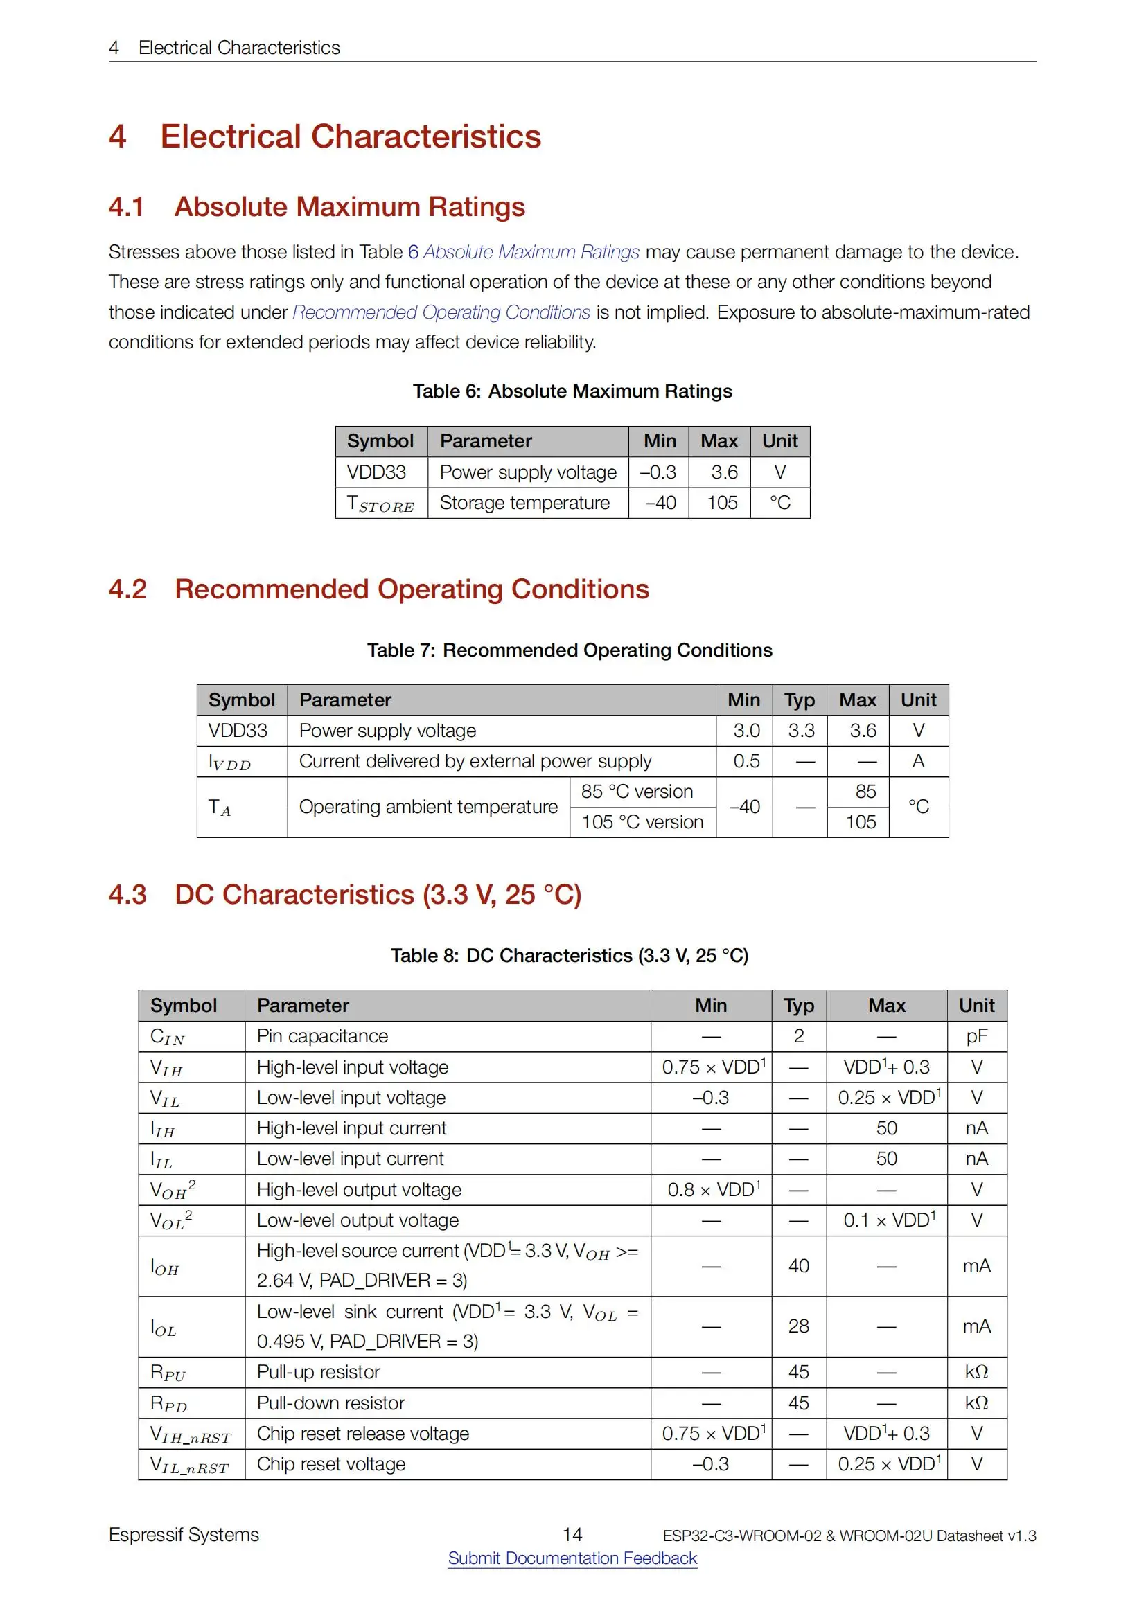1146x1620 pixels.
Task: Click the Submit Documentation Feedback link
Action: coord(572,1557)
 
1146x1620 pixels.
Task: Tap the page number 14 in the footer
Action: coord(572,1534)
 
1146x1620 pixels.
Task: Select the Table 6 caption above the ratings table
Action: coord(572,391)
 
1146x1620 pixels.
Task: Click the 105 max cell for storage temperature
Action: coord(722,502)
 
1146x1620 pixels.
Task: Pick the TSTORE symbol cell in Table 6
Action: coord(380,504)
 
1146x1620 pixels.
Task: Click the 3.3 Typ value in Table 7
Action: coord(801,730)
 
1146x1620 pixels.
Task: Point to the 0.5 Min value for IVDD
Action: coord(746,760)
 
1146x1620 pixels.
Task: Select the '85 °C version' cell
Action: coord(637,792)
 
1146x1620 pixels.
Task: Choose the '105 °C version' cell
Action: coord(642,822)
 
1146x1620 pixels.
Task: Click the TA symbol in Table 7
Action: coord(220,807)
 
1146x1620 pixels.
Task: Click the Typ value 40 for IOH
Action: coord(798,1266)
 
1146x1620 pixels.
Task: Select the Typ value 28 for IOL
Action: coord(798,1326)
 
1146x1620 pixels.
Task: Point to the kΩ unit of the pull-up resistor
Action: coord(977,1371)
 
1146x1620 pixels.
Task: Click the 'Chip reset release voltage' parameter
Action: coord(362,1433)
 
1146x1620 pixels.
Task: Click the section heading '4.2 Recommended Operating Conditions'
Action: coord(412,589)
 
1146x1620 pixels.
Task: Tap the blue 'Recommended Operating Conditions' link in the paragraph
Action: coord(441,312)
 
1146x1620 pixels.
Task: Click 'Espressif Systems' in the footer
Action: coord(184,1535)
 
